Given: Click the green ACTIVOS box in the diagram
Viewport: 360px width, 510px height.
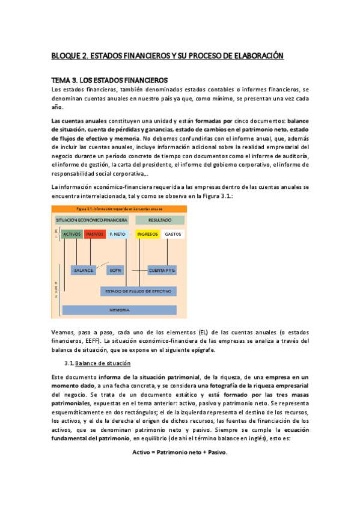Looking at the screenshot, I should coord(72,234).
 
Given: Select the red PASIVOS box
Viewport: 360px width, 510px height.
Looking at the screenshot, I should coord(95,234).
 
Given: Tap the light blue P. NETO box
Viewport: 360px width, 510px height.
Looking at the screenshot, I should coord(119,234).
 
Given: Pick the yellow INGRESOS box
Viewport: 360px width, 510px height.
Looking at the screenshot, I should coord(147,234).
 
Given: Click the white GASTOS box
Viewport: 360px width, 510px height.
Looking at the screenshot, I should coord(173,234).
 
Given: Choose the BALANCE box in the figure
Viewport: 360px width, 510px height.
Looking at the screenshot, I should coord(84,270).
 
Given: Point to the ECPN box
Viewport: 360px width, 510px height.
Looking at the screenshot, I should coord(116,270).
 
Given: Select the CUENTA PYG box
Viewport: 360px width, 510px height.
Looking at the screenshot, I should coord(162,270).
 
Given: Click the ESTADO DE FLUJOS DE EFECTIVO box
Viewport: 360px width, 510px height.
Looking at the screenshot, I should coord(138,291).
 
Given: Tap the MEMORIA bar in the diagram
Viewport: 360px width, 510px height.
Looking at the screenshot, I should coord(119,310).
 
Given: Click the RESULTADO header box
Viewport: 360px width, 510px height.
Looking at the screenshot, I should coord(160,220).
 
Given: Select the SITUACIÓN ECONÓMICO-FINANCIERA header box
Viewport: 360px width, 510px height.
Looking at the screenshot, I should coord(91,220).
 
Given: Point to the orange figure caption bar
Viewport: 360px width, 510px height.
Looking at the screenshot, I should coord(119,209).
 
